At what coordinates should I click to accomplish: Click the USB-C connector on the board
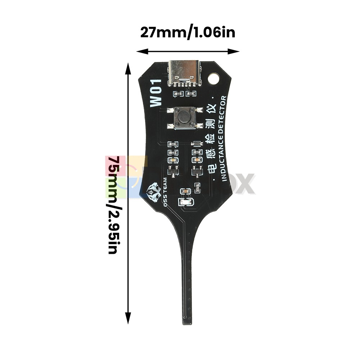[185, 73]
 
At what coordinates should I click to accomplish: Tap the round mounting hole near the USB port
[213, 78]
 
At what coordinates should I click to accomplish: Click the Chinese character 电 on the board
[211, 167]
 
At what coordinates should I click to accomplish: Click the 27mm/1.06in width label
[188, 33]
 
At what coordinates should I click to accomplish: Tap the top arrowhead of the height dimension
[127, 66]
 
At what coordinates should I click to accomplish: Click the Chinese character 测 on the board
[211, 123]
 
